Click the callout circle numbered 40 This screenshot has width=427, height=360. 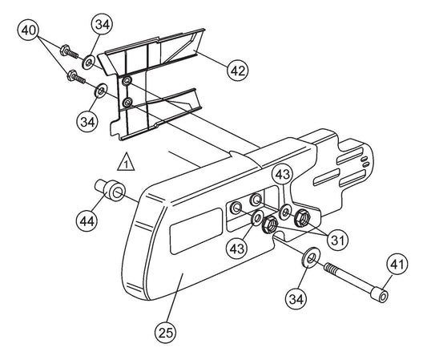pyautogui.click(x=28, y=30)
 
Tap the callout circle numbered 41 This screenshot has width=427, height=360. pyautogui.click(x=397, y=264)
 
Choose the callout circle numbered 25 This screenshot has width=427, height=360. pyautogui.click(x=166, y=333)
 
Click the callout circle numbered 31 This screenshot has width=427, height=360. pyautogui.click(x=337, y=240)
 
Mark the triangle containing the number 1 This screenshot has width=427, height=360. pyautogui.click(x=126, y=163)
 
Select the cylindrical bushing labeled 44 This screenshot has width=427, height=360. pyautogui.click(x=111, y=189)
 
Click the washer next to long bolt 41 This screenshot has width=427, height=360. pyautogui.click(x=311, y=257)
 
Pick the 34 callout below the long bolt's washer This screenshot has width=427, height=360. pyautogui.click(x=296, y=299)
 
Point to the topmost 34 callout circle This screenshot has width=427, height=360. pyautogui.click(x=102, y=24)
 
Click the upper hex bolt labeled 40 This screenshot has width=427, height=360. pyautogui.click(x=69, y=52)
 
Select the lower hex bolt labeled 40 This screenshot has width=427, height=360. pyautogui.click(x=76, y=77)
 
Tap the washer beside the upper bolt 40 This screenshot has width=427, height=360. pyautogui.click(x=88, y=63)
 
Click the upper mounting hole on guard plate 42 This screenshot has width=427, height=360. pyautogui.click(x=127, y=80)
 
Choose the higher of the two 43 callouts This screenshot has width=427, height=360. pyautogui.click(x=283, y=174)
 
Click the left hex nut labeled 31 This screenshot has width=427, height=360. pyautogui.click(x=270, y=224)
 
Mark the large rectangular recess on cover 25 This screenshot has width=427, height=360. pyautogui.click(x=196, y=231)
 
